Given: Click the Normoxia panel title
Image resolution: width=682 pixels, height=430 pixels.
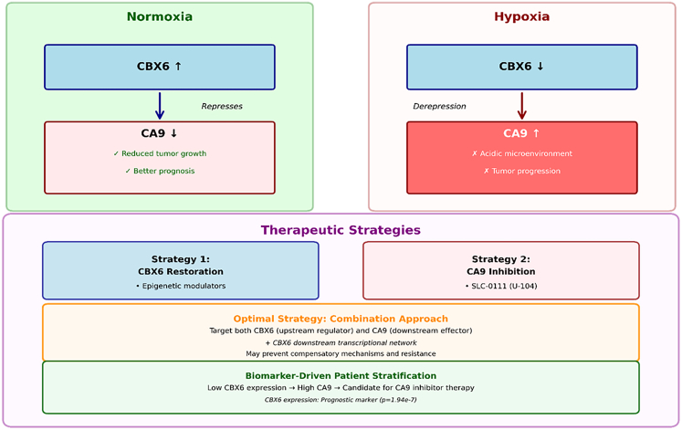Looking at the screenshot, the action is [x=159, y=16].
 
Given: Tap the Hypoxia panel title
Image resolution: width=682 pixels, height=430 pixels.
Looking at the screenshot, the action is [x=521, y=16].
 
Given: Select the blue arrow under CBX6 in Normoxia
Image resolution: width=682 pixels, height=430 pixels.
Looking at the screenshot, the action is [x=160, y=106].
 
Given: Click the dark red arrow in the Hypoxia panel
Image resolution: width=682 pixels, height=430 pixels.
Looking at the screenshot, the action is [x=522, y=106].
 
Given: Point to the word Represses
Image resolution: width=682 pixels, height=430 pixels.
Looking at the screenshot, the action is [x=222, y=107].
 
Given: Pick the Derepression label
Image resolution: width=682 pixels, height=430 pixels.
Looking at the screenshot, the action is [x=439, y=107].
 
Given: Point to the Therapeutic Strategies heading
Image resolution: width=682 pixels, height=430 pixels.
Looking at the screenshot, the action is [x=341, y=230].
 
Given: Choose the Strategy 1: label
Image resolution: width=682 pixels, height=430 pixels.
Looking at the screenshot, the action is [x=181, y=259].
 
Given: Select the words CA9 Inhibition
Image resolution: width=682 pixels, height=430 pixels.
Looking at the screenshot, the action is [x=501, y=272].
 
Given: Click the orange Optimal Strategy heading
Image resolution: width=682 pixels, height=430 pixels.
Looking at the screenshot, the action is [x=341, y=319].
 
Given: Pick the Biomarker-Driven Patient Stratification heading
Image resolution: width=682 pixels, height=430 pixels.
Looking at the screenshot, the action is [x=341, y=375].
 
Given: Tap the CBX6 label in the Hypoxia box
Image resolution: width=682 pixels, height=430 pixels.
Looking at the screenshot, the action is [x=515, y=67].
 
